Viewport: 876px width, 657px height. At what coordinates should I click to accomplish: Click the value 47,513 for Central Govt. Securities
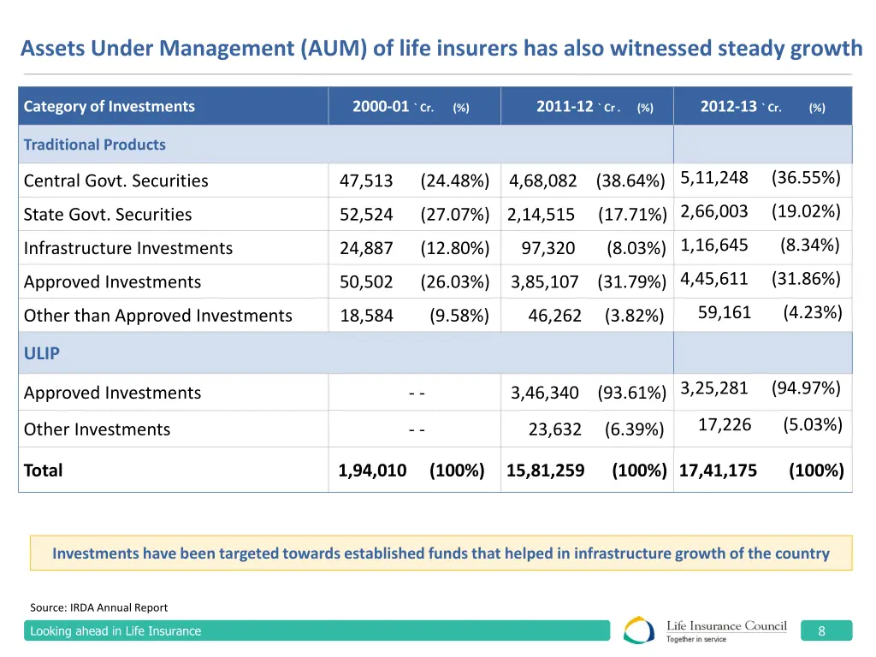pos(366,181)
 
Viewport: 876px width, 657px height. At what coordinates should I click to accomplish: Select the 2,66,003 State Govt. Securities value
pos(714,211)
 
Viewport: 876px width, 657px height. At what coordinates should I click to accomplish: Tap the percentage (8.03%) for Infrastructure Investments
pos(636,248)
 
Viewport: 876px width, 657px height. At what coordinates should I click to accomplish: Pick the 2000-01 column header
pos(381,107)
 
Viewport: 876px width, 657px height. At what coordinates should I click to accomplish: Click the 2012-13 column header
pos(729,107)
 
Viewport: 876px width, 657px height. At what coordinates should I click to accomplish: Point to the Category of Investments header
pos(109,107)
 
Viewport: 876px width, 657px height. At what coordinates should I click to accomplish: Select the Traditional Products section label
pos(95,145)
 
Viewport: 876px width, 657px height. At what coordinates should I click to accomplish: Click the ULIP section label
pos(42,353)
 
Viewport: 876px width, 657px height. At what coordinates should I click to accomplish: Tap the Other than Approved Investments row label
pos(158,316)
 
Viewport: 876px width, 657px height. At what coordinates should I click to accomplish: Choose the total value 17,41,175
pos(718,470)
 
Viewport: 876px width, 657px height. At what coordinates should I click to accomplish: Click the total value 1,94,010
pos(372,470)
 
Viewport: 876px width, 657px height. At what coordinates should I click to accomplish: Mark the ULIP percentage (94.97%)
pos(806,388)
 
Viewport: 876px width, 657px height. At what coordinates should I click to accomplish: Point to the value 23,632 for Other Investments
pos(554,429)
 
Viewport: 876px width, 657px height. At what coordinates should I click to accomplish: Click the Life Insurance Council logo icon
pos(639,630)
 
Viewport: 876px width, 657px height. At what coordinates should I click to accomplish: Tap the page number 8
pos(821,631)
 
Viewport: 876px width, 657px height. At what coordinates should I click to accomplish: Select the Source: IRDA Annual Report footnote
pos(99,607)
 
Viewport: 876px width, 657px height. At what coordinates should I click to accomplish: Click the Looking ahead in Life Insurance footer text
pos(115,631)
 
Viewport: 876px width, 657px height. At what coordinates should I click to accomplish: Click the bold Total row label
pos(44,470)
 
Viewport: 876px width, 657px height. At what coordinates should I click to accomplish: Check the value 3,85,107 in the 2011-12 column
pos(545,282)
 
